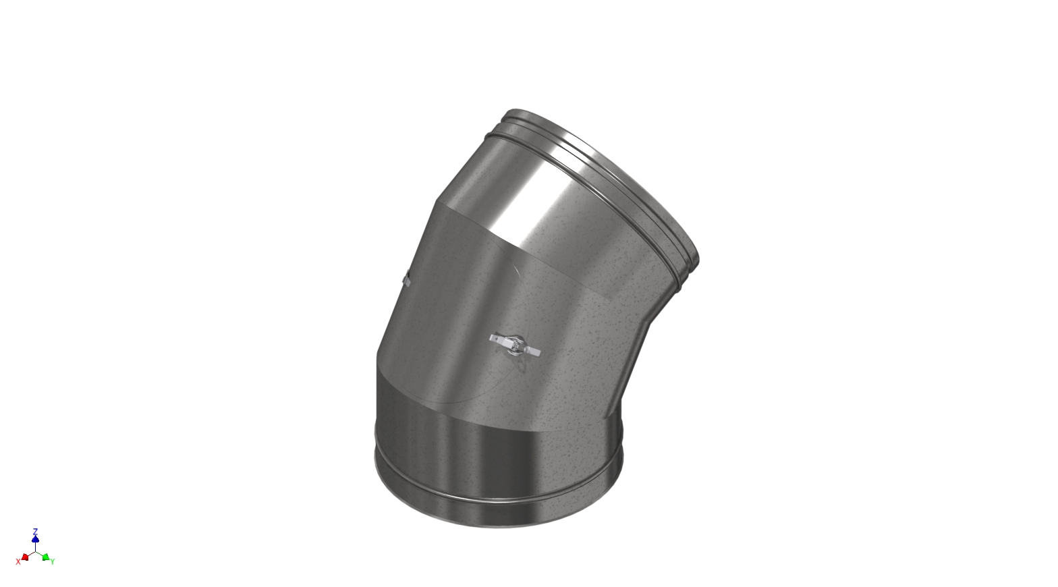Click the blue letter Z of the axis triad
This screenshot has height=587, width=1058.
coord(35,531)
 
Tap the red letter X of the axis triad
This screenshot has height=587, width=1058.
coord(18,561)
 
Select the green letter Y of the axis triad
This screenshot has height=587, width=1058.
coord(53,561)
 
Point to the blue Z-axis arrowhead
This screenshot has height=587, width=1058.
coord(35,539)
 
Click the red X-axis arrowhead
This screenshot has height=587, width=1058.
coord(25,557)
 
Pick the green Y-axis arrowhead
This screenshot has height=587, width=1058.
coord(45,557)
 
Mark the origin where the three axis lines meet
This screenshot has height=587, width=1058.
coord(35,552)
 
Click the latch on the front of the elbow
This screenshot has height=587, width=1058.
coord(516,345)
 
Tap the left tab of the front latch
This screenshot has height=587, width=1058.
coord(497,338)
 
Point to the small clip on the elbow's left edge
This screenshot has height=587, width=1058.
coord(406,278)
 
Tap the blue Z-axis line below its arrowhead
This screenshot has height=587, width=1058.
coord(35,547)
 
